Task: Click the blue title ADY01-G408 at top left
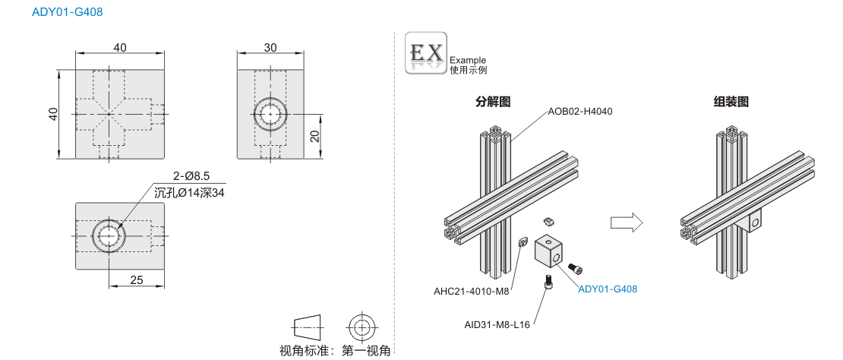(67, 11)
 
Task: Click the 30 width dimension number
(270, 47)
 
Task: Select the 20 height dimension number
(315, 136)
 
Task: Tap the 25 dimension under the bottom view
(137, 280)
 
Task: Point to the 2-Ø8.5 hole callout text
(191, 175)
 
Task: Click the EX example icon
(426, 52)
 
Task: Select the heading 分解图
(492, 102)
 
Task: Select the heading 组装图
(731, 102)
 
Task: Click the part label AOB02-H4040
(580, 112)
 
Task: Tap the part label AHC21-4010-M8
(471, 292)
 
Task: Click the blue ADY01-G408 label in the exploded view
(608, 289)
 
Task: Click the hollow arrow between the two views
(627, 222)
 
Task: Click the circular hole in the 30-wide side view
(270, 114)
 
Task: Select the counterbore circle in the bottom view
(109, 236)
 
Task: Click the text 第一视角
(367, 351)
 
